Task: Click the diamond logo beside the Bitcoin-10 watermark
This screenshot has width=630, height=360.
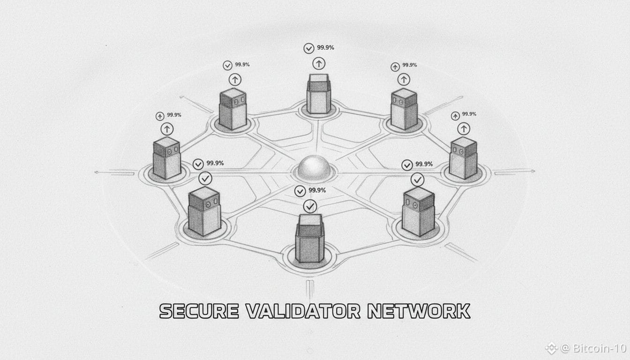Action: pyautogui.click(x=551, y=348)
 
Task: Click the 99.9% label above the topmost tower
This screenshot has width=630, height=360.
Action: pyautogui.click(x=325, y=47)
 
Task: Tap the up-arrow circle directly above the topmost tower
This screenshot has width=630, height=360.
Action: pyautogui.click(x=319, y=63)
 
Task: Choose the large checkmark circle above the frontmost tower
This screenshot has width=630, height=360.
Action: pyautogui.click(x=310, y=205)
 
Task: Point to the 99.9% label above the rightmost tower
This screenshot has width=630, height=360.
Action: pyautogui.click(x=469, y=114)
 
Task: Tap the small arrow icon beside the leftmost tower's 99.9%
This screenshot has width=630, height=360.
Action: pyautogui.click(x=160, y=116)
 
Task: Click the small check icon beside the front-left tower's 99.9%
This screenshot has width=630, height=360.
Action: pyautogui.click(x=198, y=164)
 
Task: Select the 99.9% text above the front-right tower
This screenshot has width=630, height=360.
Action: pyautogui.click(x=424, y=164)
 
